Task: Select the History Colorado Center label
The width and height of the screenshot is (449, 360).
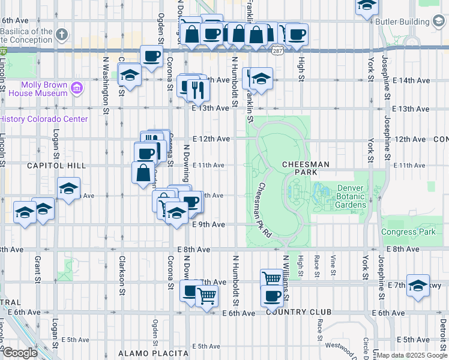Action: (44, 119)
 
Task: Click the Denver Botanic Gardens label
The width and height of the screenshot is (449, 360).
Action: (343, 196)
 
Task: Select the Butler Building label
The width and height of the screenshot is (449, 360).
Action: (403, 22)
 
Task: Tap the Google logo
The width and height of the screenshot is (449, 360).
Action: (20, 353)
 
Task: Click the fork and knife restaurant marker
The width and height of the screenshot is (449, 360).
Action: (197, 91)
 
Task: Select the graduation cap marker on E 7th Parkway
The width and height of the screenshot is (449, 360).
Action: (418, 286)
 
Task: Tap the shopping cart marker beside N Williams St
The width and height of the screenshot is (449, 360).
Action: (271, 278)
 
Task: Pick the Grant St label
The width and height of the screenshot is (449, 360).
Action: (37, 269)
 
